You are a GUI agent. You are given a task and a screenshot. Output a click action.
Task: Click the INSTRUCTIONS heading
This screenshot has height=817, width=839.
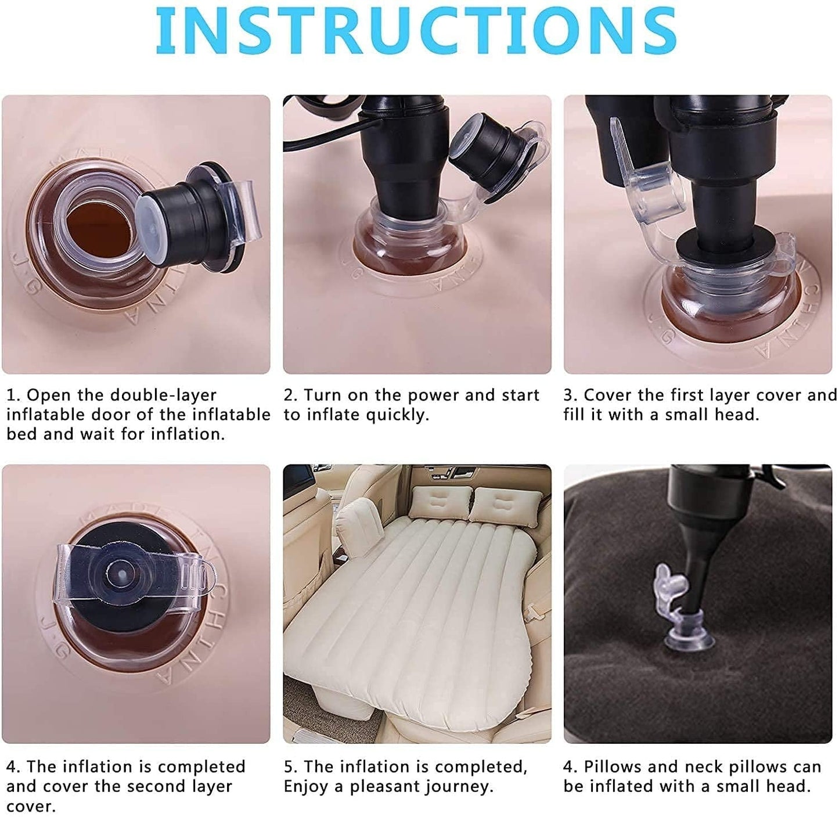click(x=416, y=30)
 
